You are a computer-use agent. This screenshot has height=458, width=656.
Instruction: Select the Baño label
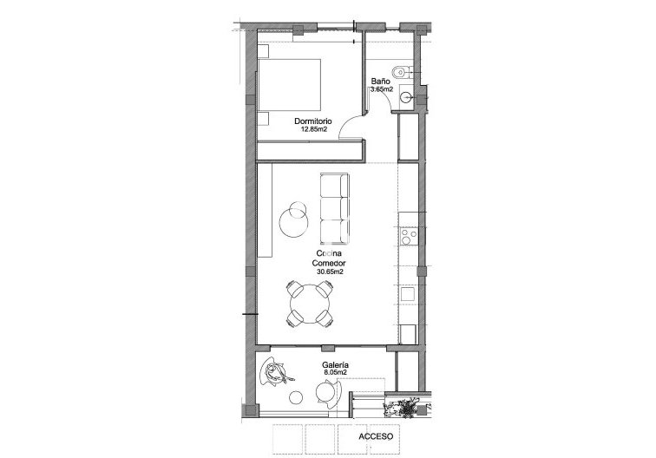click(378, 80)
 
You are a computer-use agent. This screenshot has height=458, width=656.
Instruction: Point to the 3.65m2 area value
click(382, 88)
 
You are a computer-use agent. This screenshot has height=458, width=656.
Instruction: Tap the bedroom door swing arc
click(349, 128)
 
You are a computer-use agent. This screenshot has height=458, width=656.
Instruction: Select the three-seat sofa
click(335, 209)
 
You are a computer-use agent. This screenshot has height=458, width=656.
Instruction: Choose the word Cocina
click(329, 252)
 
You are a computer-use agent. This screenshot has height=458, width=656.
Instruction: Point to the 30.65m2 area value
click(329, 272)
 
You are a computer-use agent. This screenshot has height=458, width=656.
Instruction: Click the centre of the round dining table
click(310, 303)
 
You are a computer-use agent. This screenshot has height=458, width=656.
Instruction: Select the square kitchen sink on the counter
click(406, 294)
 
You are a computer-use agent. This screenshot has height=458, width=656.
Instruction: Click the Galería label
click(335, 365)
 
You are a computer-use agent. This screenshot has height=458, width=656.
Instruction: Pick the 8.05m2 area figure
click(335, 374)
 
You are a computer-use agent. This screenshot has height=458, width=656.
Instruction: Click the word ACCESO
click(376, 438)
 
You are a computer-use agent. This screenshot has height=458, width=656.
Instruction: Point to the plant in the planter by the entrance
click(404, 404)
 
